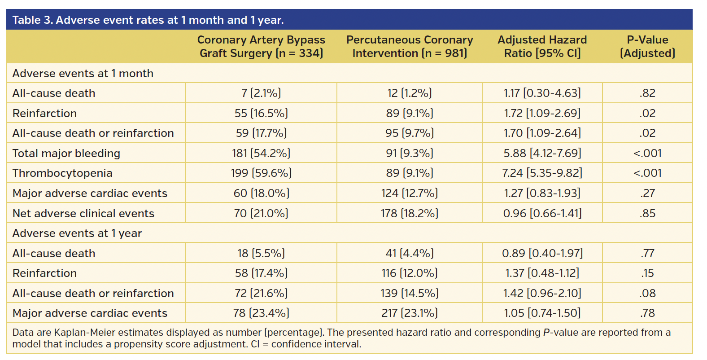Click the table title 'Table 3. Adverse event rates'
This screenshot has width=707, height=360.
tap(148, 20)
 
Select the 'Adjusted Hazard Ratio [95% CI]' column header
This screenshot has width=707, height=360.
tap(542, 46)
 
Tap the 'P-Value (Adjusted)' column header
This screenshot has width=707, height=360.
tap(647, 46)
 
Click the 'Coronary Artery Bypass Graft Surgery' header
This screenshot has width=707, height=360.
tap(261, 46)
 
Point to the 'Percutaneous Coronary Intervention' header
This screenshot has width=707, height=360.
tap(409, 46)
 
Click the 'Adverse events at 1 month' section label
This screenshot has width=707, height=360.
tap(83, 73)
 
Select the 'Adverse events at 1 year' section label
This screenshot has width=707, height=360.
tap(77, 233)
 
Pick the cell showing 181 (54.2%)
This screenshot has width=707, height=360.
tap(261, 153)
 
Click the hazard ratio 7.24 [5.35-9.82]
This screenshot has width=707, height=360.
tap(542, 173)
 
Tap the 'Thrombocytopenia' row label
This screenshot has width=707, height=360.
tap(62, 173)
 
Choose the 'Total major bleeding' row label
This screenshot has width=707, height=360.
tap(66, 153)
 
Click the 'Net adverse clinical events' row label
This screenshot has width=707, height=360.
tap(83, 213)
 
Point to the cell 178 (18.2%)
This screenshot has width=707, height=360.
tap(409, 213)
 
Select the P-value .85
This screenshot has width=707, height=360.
tap(647, 213)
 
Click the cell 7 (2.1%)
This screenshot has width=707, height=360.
tap(261, 93)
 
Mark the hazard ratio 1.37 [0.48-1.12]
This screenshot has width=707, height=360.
tap(542, 273)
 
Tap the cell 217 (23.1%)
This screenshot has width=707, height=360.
tap(409, 313)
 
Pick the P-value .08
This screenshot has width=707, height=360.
tap(647, 293)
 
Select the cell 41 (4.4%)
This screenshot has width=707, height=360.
tap(409, 253)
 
